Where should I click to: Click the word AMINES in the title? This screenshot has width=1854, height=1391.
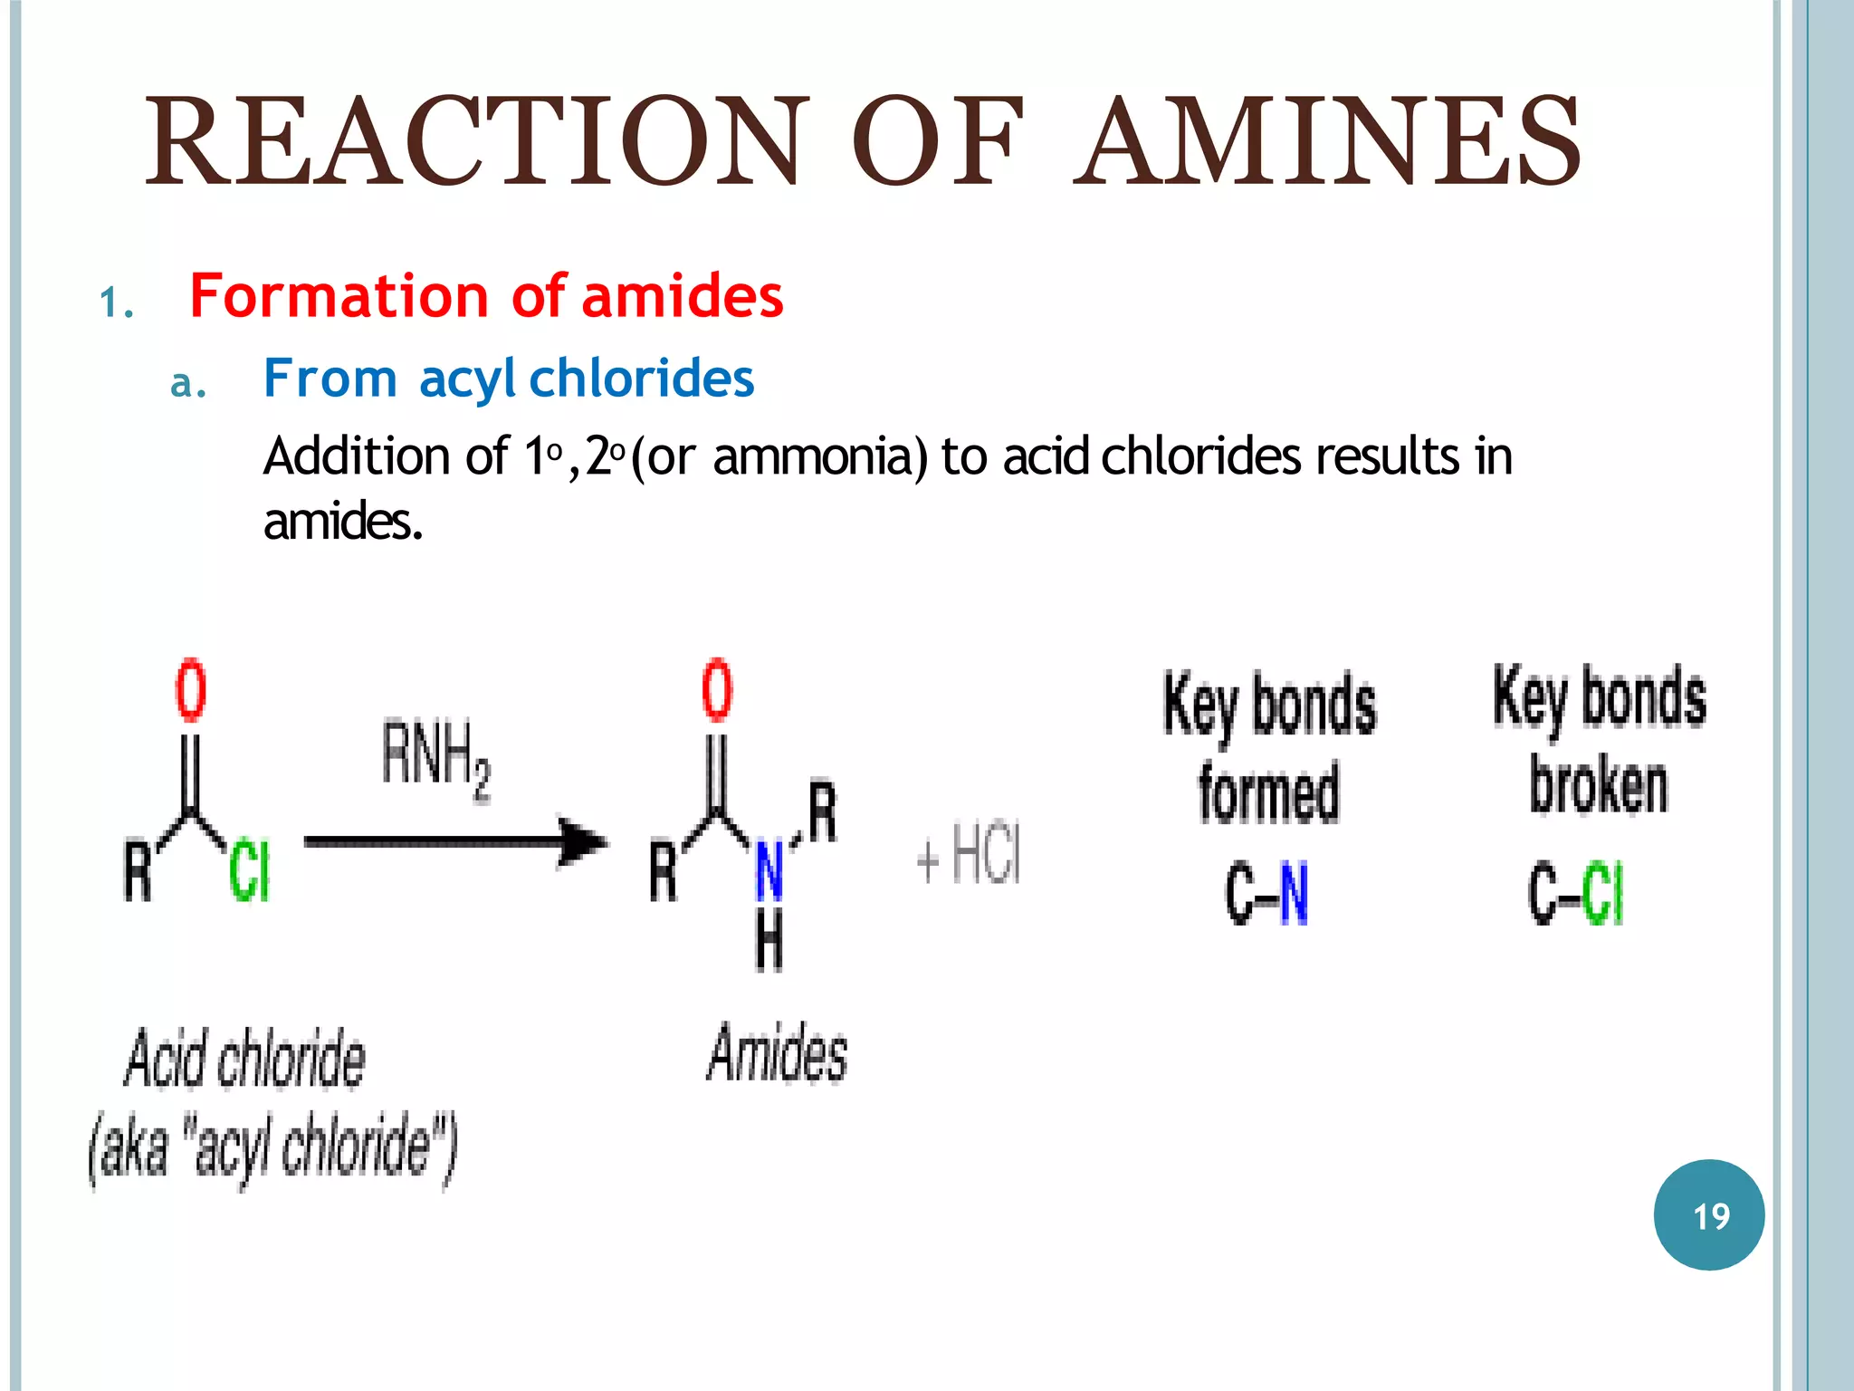[1327, 143]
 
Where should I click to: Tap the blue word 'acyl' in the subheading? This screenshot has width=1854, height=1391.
[467, 379]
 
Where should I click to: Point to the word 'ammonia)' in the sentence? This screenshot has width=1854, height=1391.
[820, 456]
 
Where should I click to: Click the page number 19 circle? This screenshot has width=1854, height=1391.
[1709, 1215]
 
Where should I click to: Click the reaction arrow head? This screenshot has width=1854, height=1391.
[582, 842]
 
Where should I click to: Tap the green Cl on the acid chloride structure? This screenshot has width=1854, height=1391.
[249, 871]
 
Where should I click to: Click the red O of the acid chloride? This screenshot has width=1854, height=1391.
[190, 690]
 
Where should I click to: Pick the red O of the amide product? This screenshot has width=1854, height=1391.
[717, 690]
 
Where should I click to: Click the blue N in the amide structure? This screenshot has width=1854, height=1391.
[769, 871]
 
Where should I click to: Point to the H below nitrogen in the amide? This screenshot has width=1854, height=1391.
[769, 942]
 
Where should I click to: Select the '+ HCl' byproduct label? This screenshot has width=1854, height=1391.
[969, 856]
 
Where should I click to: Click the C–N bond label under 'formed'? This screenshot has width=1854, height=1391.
[1267, 895]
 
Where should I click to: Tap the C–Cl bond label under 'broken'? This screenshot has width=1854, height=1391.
[1576, 895]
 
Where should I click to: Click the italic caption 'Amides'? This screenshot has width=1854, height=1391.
[777, 1054]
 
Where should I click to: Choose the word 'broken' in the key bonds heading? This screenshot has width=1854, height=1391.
[1599, 786]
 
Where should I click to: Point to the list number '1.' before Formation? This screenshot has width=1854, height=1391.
[117, 303]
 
